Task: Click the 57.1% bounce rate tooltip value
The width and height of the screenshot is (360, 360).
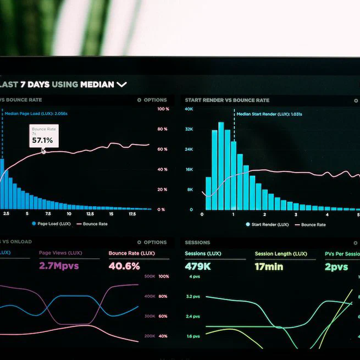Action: [42, 140]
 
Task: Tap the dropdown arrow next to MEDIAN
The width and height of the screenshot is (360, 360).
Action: [121, 85]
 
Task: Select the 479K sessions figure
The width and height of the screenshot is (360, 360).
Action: [198, 267]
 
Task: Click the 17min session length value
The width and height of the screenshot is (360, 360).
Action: [269, 267]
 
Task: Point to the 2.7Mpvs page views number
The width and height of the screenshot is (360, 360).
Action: [59, 266]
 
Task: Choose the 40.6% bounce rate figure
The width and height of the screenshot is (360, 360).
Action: [124, 266]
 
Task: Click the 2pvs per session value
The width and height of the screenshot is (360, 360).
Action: [336, 267]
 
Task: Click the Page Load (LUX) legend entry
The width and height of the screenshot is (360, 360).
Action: [53, 224]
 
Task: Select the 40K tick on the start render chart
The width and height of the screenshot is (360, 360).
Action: [189, 109]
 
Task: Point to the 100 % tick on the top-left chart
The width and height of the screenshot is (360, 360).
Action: [163, 109]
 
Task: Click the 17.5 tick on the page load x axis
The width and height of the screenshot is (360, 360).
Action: [132, 214]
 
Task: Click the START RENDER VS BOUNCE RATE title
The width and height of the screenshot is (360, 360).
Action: [227, 101]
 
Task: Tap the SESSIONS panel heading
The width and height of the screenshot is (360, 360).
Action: [197, 242]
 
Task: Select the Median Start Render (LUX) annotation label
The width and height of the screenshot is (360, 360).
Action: [269, 114]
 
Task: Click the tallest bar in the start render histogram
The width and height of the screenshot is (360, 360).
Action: [221, 165]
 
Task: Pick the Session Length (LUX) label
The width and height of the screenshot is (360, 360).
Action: [281, 254]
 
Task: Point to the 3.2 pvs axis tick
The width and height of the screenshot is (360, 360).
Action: [193, 297]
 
